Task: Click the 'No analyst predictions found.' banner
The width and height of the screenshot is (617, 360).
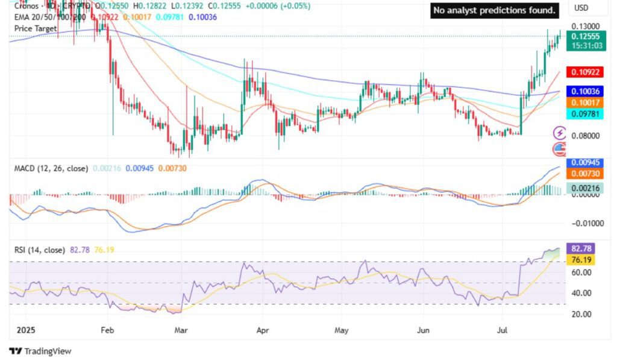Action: click(x=494, y=10)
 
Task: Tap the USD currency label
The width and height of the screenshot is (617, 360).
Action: click(x=581, y=8)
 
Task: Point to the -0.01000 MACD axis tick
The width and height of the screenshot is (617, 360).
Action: click(x=583, y=223)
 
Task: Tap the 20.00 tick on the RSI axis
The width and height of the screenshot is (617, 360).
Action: click(x=580, y=314)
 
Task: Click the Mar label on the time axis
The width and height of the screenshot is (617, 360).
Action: click(x=181, y=330)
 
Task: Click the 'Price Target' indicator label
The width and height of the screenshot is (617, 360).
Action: click(x=36, y=28)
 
